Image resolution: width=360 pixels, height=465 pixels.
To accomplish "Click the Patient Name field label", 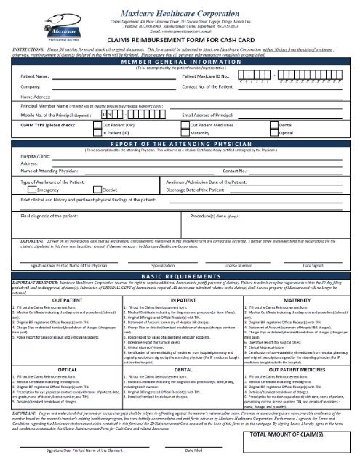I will click(x=34, y=76).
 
